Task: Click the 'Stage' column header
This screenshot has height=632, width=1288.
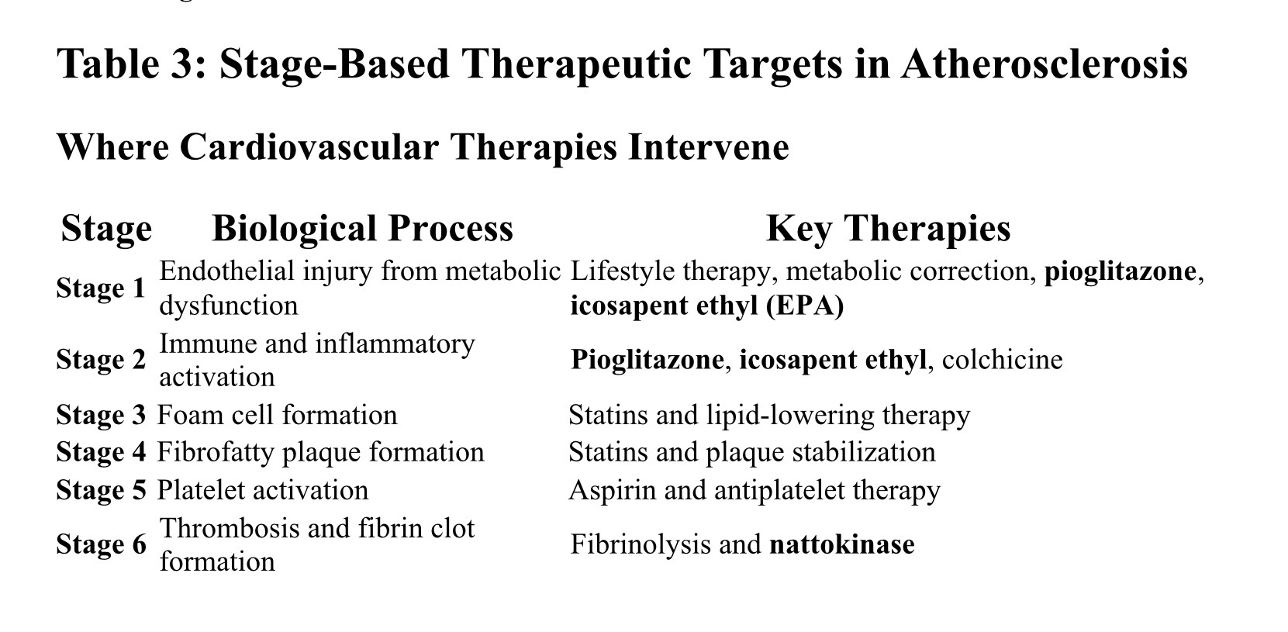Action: pyautogui.click(x=106, y=230)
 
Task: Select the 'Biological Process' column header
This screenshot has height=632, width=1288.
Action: pyautogui.click(x=362, y=228)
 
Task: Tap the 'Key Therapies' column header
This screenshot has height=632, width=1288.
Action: pyautogui.click(x=889, y=229)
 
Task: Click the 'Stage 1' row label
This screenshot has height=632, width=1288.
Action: pyautogui.click(x=101, y=288)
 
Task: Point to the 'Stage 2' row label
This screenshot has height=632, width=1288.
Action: pyautogui.click(x=102, y=360)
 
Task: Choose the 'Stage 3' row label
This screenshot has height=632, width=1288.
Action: pyautogui.click(x=102, y=415)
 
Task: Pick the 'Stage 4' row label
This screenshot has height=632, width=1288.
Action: pyautogui.click(x=102, y=452)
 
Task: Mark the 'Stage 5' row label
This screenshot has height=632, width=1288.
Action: pyautogui.click(x=102, y=490)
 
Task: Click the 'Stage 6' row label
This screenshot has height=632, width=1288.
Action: pyautogui.click(x=102, y=544)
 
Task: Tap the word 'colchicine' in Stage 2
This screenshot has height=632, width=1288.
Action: pyautogui.click(x=1002, y=360)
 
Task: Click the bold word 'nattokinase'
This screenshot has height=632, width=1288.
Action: pyautogui.click(x=842, y=544)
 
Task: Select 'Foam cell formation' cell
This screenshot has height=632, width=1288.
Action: pyautogui.click(x=277, y=415)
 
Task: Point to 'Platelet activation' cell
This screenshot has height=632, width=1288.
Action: pyautogui.click(x=263, y=490)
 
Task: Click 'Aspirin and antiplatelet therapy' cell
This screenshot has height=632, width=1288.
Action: pyautogui.click(x=754, y=491)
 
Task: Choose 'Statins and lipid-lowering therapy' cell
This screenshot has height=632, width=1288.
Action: pyautogui.click(x=769, y=415)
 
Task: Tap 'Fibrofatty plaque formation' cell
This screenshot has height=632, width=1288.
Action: pyautogui.click(x=321, y=453)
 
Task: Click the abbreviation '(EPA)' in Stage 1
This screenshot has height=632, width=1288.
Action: pyautogui.click(x=805, y=306)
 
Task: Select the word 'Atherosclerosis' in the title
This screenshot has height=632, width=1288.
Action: pyautogui.click(x=1045, y=64)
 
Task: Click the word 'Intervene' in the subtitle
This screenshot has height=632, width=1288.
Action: pyautogui.click(x=709, y=147)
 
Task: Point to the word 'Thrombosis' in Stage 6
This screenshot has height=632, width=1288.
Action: pyautogui.click(x=229, y=528)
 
